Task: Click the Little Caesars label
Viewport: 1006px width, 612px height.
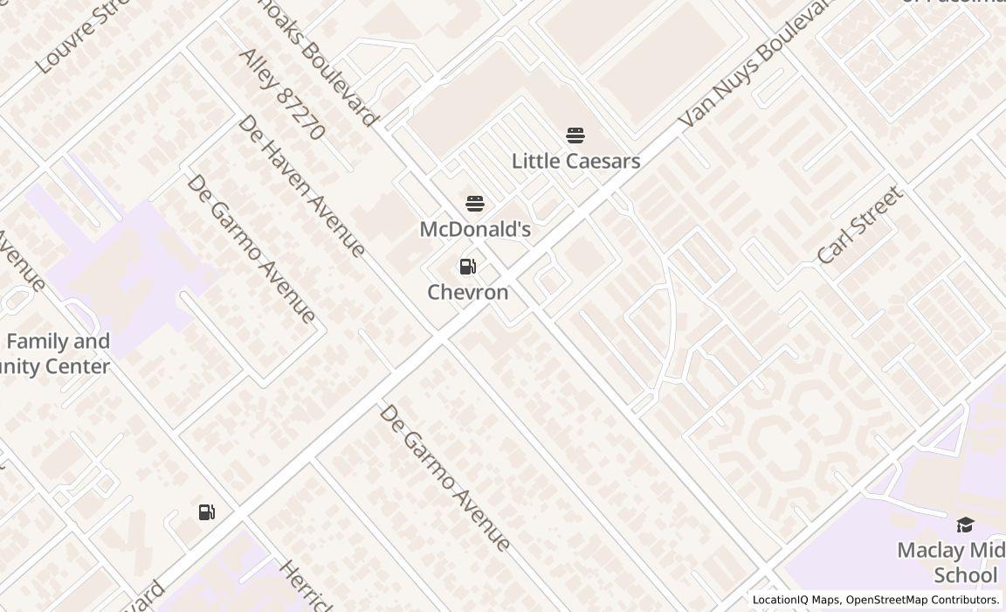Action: point(575,161)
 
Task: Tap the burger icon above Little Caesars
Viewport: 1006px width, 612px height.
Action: point(575,136)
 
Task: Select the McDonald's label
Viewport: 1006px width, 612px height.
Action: point(475,229)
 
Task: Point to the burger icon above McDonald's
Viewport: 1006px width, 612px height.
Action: point(475,204)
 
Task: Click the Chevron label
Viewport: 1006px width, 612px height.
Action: point(468,292)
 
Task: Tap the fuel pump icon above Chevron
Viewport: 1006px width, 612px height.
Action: point(468,267)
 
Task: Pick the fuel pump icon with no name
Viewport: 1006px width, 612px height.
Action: point(207,512)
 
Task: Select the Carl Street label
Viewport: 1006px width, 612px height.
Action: point(859,226)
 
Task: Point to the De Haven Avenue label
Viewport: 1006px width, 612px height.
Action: point(301,186)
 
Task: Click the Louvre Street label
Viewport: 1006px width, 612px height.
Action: point(83,37)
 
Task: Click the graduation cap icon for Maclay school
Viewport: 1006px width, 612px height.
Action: point(965,525)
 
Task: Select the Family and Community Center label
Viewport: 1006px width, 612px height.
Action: point(58,354)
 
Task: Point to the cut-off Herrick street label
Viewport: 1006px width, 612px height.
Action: point(306,586)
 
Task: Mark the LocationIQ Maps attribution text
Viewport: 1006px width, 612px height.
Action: point(796,600)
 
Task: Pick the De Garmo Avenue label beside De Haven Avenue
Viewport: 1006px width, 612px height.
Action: point(251,249)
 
